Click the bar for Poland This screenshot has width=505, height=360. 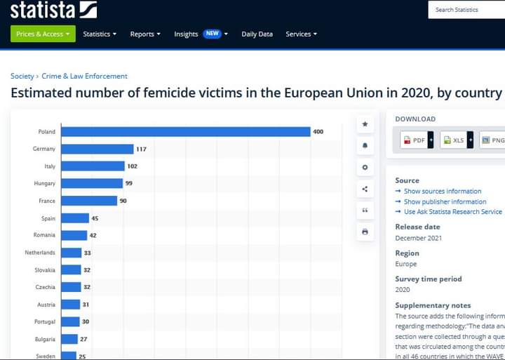(x=185, y=132)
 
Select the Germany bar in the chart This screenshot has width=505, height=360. (x=97, y=149)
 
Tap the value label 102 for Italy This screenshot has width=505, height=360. (x=132, y=166)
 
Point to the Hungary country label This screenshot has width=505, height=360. (x=44, y=183)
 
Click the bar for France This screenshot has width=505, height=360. (x=89, y=201)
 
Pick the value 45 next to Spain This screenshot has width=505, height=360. (x=95, y=218)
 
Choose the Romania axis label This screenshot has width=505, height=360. (x=44, y=235)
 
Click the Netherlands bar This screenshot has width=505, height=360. (x=71, y=253)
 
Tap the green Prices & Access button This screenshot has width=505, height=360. (x=43, y=34)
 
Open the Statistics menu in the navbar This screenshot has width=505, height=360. (x=100, y=34)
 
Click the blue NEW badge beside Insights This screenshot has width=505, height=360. (x=213, y=34)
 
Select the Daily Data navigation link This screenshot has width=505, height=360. (x=257, y=34)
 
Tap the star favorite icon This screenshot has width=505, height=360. (x=365, y=124)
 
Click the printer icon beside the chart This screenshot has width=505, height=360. (x=365, y=232)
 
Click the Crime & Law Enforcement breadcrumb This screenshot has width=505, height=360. (x=84, y=76)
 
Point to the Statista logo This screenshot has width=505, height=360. (x=54, y=10)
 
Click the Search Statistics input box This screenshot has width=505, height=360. (x=466, y=10)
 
